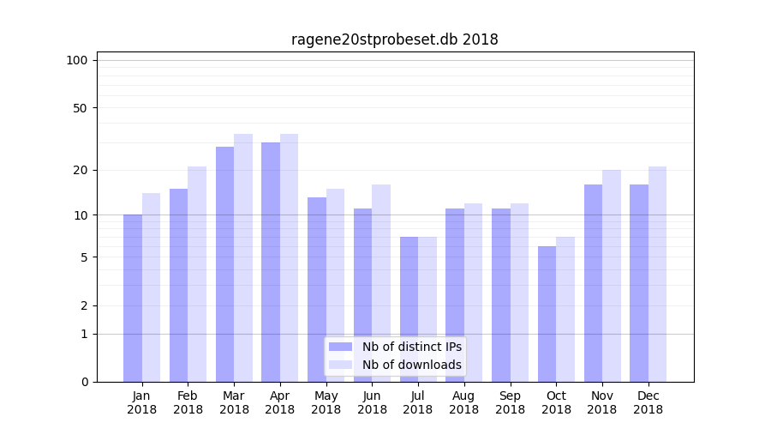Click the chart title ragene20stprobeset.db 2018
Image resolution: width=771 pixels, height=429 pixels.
[x=394, y=39]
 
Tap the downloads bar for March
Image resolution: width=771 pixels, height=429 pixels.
[x=243, y=257]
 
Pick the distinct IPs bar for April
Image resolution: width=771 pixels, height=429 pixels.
[x=271, y=262]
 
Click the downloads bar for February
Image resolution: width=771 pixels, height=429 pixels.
[x=197, y=274]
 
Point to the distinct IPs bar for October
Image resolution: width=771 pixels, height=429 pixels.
[x=547, y=314]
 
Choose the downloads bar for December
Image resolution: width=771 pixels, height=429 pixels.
[x=657, y=274]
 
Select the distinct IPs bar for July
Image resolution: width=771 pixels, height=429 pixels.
[x=409, y=309]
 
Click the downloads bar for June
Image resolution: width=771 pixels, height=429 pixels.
[x=381, y=283]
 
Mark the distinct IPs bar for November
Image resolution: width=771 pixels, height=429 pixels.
[x=593, y=283]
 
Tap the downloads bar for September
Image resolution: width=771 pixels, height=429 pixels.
[x=519, y=293]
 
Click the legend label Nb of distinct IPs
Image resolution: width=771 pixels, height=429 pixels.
[x=411, y=347]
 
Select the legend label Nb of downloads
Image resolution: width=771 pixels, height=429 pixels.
[x=411, y=365]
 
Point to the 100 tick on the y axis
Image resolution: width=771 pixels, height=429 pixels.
[x=77, y=60]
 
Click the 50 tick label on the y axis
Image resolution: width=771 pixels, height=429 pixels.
[x=80, y=108]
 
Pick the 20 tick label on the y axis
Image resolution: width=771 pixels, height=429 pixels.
[x=80, y=170]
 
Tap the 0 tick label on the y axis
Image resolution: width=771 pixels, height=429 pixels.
[x=84, y=382]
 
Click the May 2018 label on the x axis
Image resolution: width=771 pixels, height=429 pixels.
[x=326, y=402]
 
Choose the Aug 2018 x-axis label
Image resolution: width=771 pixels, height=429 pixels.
[x=463, y=402]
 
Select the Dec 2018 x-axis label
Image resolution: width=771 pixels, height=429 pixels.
[x=648, y=402]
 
